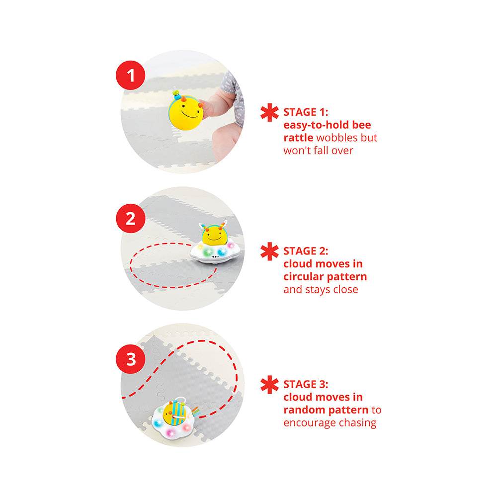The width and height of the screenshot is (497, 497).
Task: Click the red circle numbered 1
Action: (130, 76)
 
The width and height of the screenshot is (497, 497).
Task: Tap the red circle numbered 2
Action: (131, 218)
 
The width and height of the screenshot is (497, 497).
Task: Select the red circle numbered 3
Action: (131, 359)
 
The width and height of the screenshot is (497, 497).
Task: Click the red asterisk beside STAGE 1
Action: (269, 112)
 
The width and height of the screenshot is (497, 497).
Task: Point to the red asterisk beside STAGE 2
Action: (269, 251)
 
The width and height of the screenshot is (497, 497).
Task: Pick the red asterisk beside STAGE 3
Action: (269, 385)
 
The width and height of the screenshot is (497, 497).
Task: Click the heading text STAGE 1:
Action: (306, 112)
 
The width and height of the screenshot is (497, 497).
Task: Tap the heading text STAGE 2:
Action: (306, 251)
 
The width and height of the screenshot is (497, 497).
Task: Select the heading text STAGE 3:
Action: (306, 384)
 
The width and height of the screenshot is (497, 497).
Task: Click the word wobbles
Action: (336, 138)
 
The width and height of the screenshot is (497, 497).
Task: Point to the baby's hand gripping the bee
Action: (209, 108)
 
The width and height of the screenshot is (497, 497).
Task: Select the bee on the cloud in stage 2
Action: (214, 234)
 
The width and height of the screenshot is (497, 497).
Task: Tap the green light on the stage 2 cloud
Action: (208, 252)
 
